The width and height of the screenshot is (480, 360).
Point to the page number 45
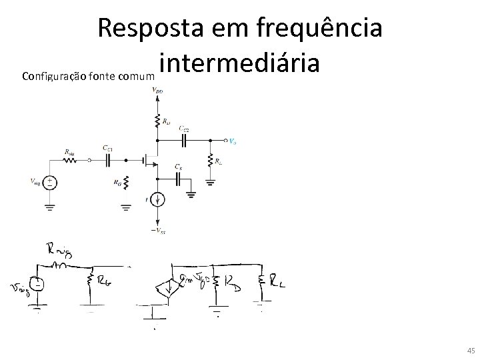point(471,351)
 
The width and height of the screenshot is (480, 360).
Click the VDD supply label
point(157,91)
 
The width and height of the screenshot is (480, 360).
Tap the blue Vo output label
point(231,141)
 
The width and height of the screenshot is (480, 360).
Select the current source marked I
point(157,199)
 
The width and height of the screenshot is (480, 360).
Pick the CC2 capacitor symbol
point(185,141)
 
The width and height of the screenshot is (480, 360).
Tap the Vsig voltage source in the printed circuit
point(50,181)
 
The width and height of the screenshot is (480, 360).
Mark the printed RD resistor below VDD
point(157,122)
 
